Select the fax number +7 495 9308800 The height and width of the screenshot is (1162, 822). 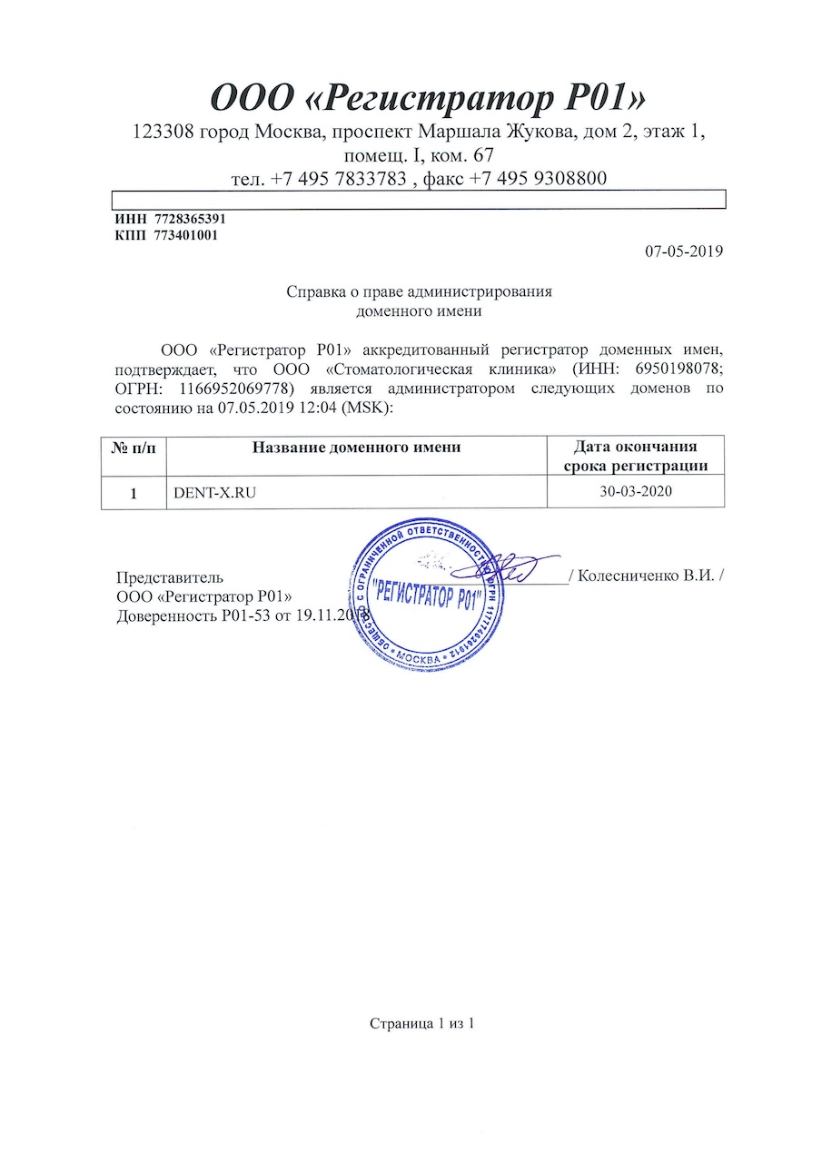click(x=538, y=179)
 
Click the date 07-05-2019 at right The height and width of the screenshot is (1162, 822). click(x=683, y=251)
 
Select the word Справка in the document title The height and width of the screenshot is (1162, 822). click(x=315, y=292)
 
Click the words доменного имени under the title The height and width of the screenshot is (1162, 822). click(x=419, y=310)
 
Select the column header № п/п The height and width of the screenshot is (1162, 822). click(x=134, y=448)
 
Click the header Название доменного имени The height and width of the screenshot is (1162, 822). click(x=356, y=447)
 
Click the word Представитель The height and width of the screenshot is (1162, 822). click(x=171, y=577)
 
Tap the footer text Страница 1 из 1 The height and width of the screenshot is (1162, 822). click(x=422, y=1024)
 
